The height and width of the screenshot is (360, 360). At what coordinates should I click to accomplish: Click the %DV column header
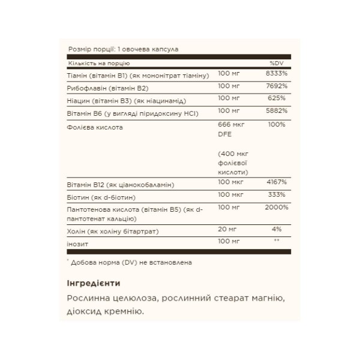pyautogui.click(x=275, y=63)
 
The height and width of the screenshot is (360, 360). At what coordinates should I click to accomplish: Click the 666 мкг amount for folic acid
pyautogui.click(x=229, y=124)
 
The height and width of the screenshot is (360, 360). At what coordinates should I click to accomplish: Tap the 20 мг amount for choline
pyautogui.click(x=226, y=229)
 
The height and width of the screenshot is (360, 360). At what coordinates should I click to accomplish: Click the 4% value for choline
pyautogui.click(x=276, y=229)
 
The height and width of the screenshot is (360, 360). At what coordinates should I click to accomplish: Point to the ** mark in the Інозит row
pyautogui.click(x=276, y=241)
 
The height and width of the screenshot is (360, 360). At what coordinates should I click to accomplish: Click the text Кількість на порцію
pyautogui.click(x=99, y=63)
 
